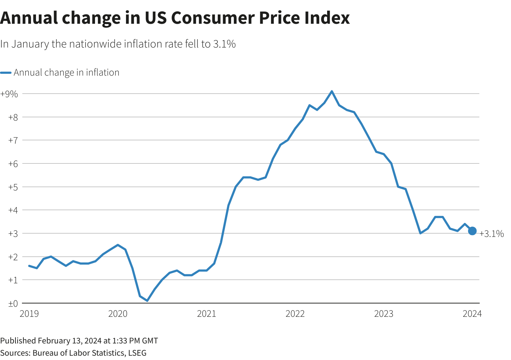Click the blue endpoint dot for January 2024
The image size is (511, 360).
coord(472,231)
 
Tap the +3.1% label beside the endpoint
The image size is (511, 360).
coord(492,234)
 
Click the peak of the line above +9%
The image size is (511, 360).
coord(331,91)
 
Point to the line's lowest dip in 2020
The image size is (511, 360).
coord(147,301)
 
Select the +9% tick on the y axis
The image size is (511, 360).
coord(9,94)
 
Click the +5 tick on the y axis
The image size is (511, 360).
coord(13,187)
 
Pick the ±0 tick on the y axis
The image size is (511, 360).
coord(13,303)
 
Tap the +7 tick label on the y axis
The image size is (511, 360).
coord(13,140)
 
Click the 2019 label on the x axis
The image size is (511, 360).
coord(29,314)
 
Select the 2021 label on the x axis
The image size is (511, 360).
coord(207,314)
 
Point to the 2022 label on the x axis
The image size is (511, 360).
coord(295,314)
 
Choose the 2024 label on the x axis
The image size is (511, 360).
coord(472,314)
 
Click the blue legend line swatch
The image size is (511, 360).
coord(6,73)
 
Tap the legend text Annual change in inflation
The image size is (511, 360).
coord(67,73)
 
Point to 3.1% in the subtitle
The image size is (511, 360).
coord(224,44)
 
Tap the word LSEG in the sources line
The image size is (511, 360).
coord(137,353)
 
